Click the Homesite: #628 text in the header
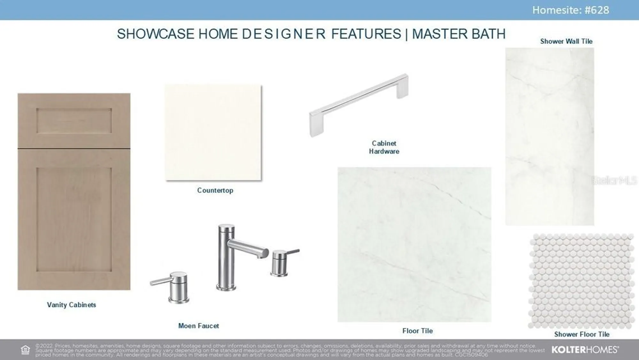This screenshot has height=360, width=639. [x=571, y=10]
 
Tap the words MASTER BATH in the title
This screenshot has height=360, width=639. [x=459, y=34]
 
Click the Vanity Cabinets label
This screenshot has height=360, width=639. [x=71, y=305]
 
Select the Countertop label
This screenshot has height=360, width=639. [x=215, y=190]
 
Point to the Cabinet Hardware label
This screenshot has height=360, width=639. [x=384, y=147]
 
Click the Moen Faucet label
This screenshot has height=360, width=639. [x=198, y=326]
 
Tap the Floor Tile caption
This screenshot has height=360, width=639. [x=417, y=331]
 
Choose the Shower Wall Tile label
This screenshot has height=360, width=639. [x=566, y=41]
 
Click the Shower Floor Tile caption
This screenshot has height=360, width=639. [x=581, y=334]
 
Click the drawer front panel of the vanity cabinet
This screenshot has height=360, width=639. [x=74, y=121]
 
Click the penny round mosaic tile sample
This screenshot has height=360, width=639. [x=581, y=281]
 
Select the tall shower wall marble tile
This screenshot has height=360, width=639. [x=550, y=137]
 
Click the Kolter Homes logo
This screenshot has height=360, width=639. [x=585, y=349]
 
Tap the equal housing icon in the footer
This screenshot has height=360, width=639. [x=25, y=350]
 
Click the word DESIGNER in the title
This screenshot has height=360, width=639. [x=283, y=34]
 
